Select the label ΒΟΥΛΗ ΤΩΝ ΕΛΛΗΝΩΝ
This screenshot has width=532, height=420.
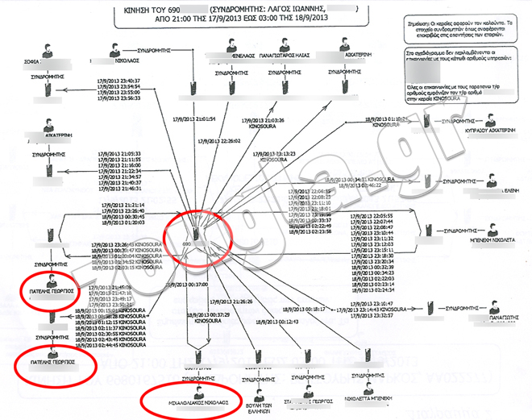pos(260,402)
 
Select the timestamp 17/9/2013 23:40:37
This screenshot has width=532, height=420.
pos(119,81)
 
